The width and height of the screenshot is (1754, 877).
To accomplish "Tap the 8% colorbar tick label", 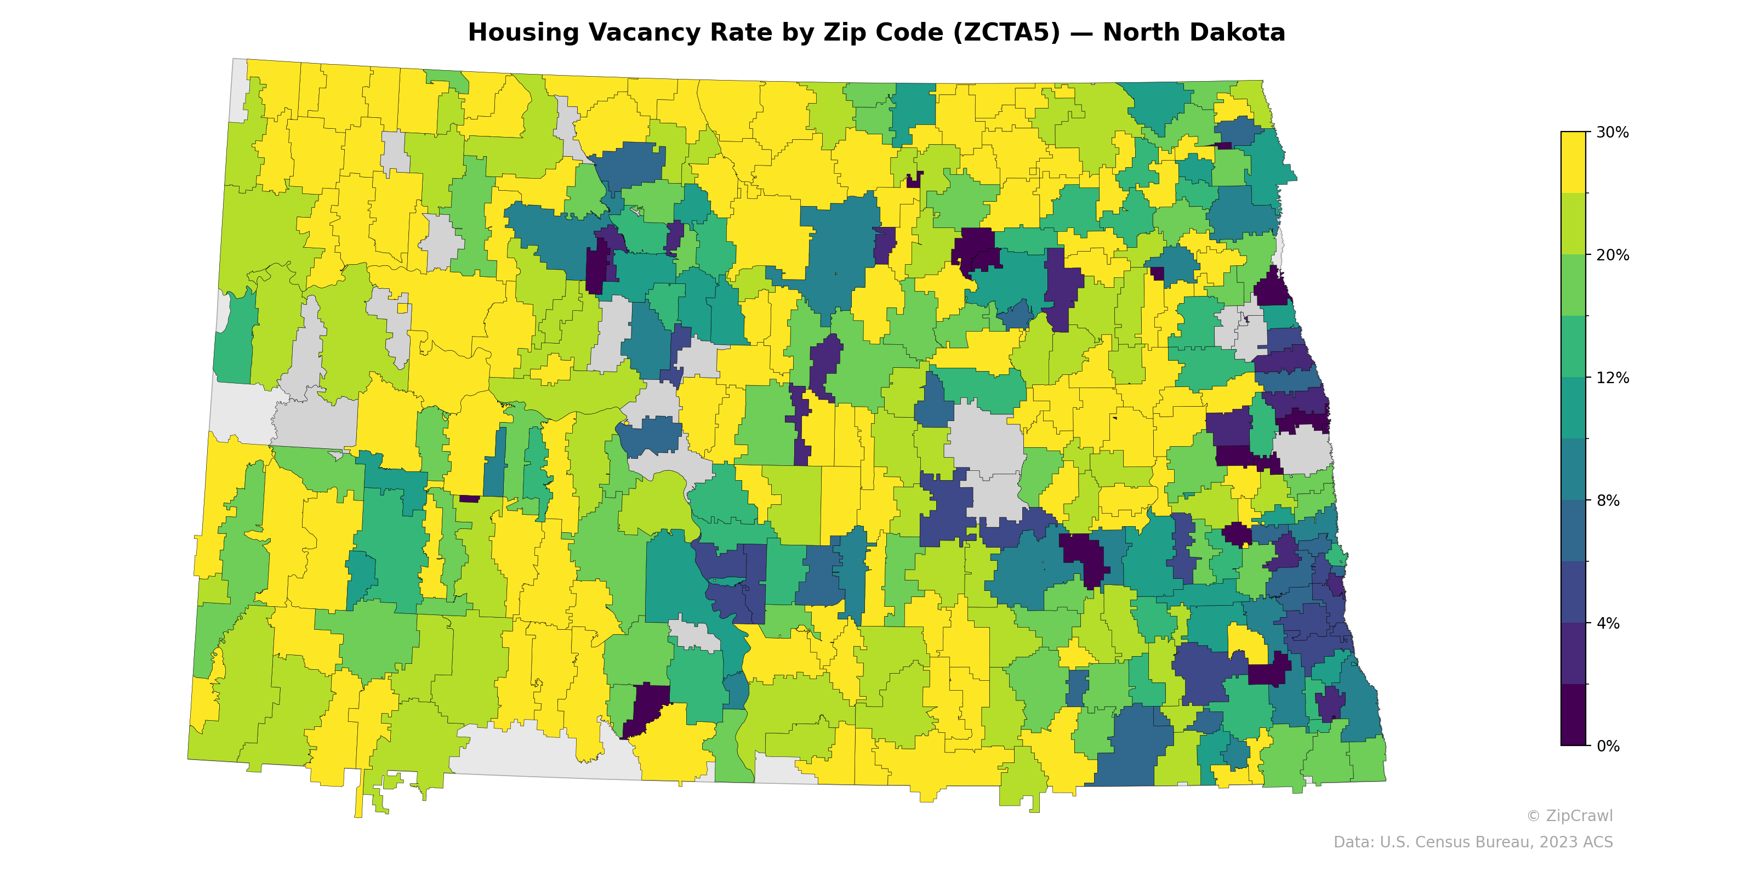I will (x=1608, y=500).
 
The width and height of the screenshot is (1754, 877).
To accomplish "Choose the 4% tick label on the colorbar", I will (x=1608, y=623).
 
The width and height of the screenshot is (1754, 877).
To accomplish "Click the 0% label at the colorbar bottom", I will (x=1608, y=746).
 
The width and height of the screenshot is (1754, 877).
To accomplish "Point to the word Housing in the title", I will (x=523, y=33).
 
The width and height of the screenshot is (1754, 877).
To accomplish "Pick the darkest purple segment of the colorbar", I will (x=1573, y=715).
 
